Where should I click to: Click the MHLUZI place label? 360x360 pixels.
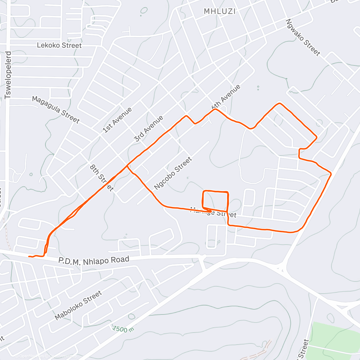220,11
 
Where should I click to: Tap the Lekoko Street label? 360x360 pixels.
59,45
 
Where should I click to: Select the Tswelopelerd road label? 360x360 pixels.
8,75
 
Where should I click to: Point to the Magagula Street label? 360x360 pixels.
56,110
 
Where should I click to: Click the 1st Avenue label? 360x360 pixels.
117,120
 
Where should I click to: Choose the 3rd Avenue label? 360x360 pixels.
149,129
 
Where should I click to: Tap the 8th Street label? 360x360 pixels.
102,178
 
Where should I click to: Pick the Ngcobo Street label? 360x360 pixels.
172,173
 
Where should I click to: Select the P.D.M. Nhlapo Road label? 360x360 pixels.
94,261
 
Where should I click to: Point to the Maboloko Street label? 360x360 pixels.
78,305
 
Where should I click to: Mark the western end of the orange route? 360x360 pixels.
29,256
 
